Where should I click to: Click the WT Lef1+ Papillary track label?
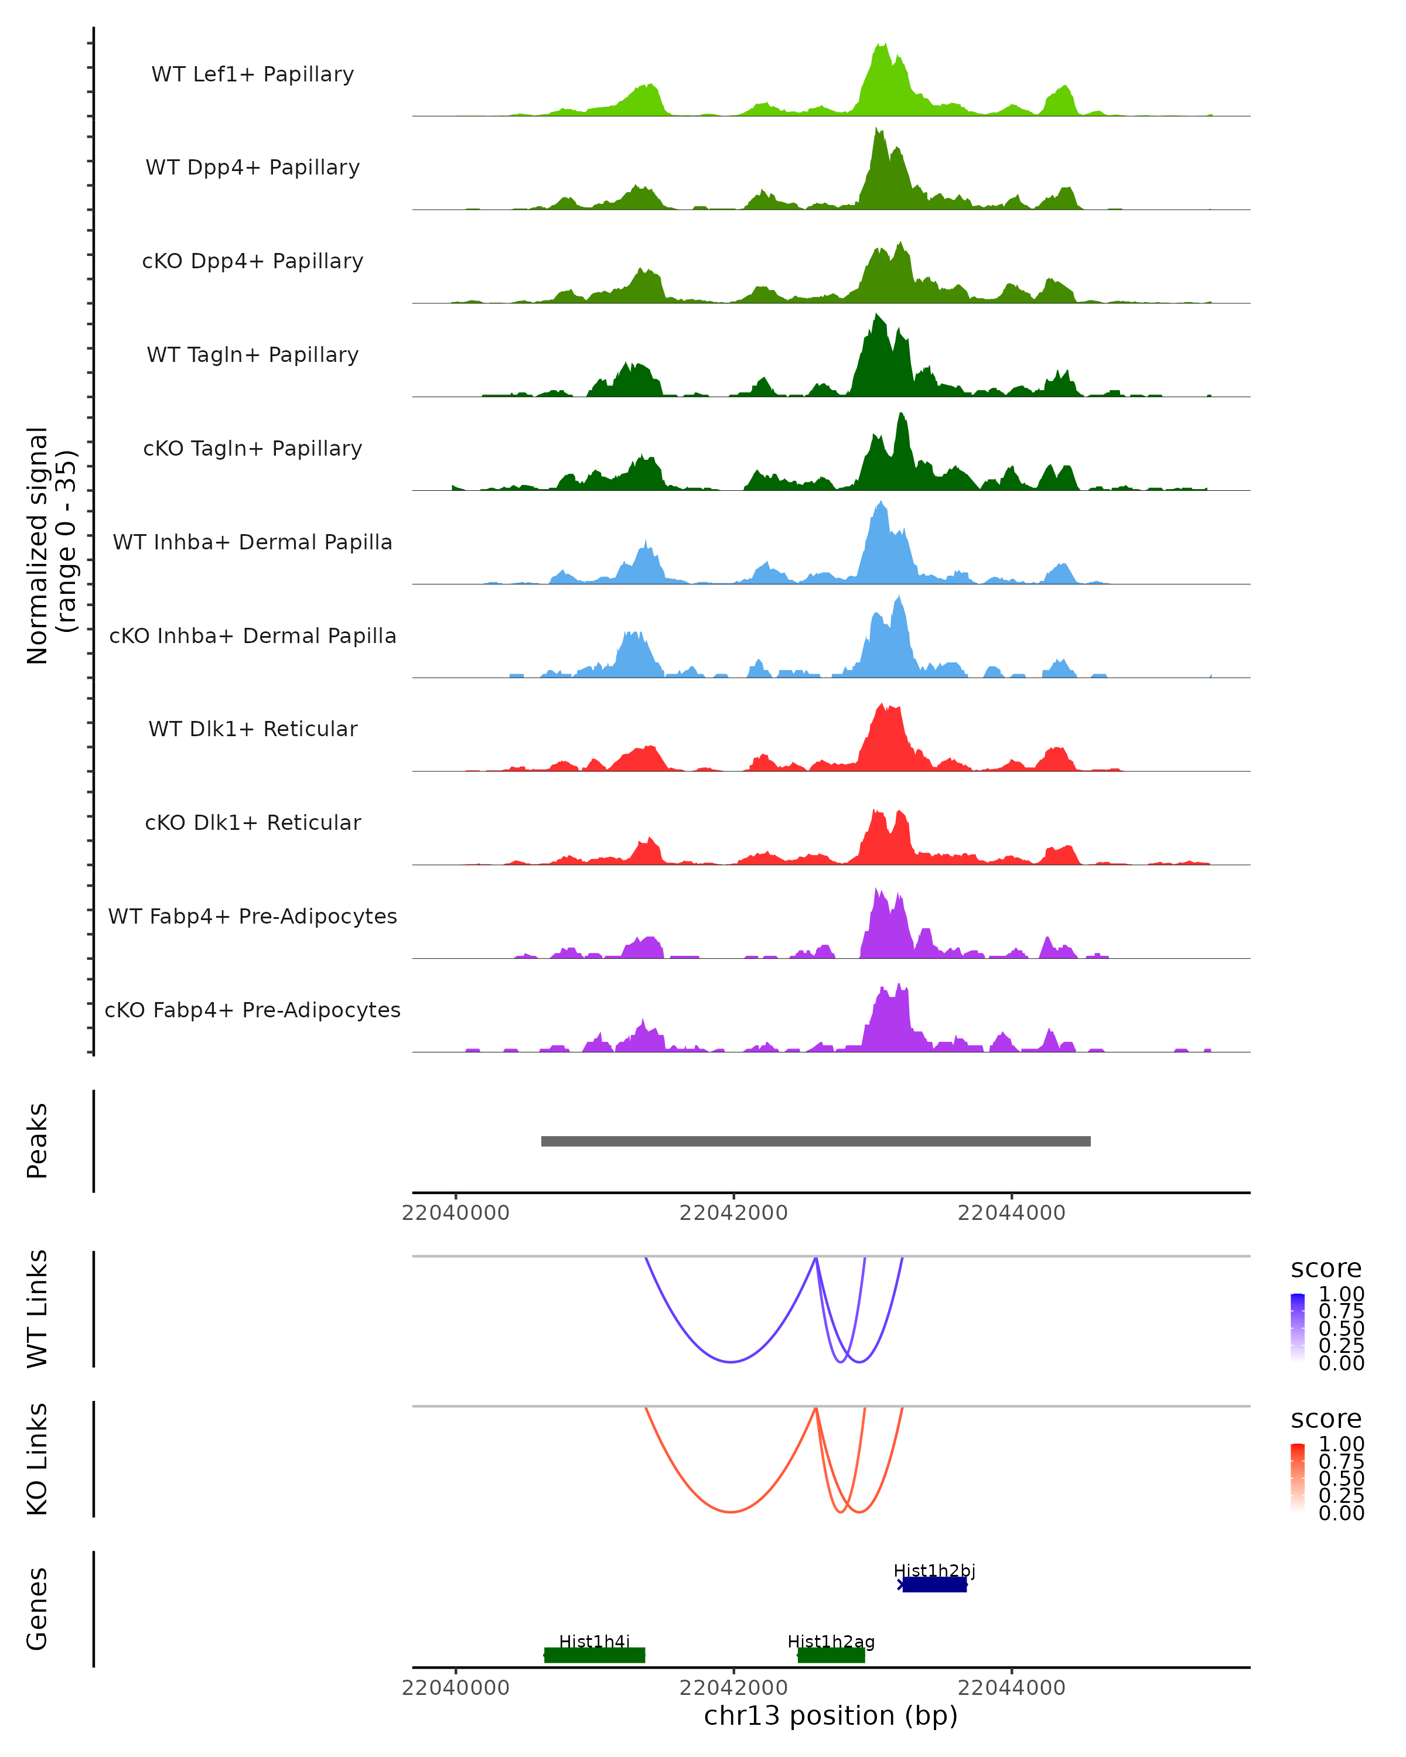coord(252,74)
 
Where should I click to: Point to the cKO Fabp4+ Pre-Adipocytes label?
coord(252,1010)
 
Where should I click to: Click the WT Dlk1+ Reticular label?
coord(252,729)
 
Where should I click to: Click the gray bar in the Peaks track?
coord(815,1141)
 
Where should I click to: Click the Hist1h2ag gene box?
coord(831,1655)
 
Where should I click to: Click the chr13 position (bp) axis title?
coord(831,1715)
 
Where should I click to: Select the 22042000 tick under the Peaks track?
coord(733,1213)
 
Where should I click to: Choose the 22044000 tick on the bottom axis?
coord(1012,1688)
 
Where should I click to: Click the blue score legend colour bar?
coord(1298,1327)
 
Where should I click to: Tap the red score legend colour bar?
coord(1298,1476)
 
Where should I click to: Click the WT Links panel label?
coord(37,1309)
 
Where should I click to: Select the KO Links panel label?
coord(37,1459)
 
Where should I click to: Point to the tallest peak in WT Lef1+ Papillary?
coord(881,45)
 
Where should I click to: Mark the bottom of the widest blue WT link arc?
coord(731,1362)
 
